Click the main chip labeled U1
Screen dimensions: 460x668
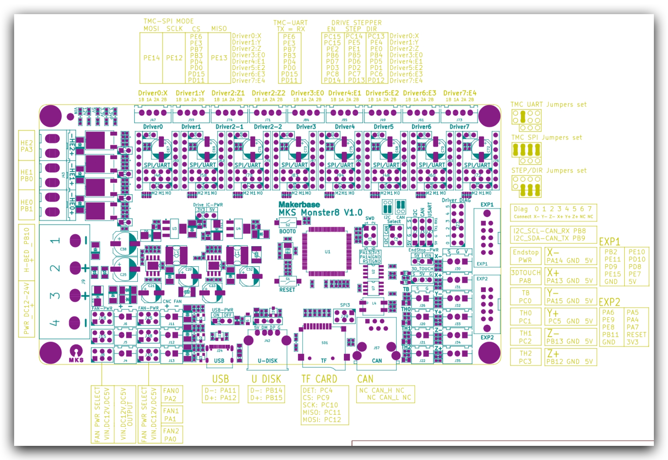327,252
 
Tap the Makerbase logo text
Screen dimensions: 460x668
299,205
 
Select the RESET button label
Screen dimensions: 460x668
287,290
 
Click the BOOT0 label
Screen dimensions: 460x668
287,231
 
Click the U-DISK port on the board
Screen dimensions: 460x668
267,350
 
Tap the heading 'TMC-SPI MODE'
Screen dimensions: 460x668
168,21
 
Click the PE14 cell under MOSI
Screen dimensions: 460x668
151,58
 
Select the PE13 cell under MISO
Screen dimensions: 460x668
219,58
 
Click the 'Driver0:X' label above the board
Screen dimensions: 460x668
153,93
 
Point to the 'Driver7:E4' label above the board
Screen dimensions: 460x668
460,93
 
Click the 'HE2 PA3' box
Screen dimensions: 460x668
26,146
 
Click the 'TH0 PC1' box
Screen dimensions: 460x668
525,317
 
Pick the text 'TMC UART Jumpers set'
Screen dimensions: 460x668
548,105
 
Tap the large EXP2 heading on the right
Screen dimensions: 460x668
609,302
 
